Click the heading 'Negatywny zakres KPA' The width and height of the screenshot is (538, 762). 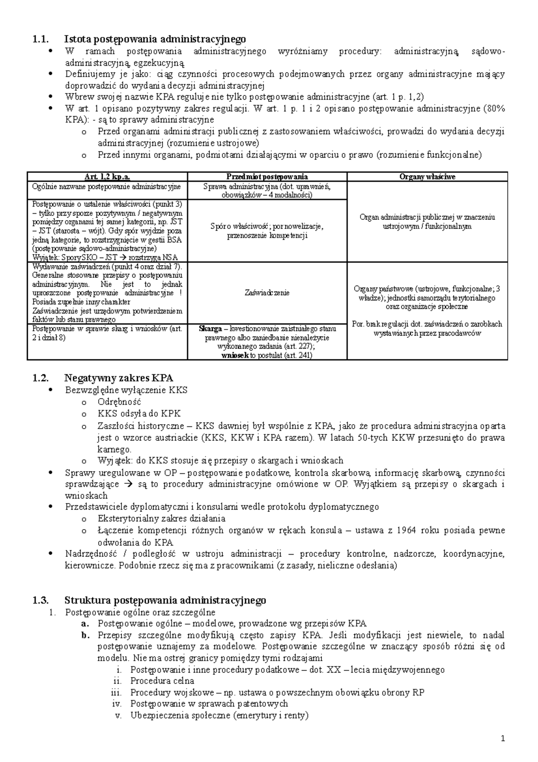point(118,378)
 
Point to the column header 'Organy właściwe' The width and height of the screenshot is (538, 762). point(427,177)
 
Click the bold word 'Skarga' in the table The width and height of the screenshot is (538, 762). point(210,329)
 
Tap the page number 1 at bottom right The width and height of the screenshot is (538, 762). point(503,739)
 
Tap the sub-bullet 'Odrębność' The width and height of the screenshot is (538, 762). point(119,402)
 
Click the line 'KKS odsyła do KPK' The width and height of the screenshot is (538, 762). point(139,414)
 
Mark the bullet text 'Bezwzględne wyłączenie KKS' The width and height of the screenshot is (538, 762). point(126,390)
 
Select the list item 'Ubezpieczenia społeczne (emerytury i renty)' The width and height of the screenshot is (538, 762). point(219,715)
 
